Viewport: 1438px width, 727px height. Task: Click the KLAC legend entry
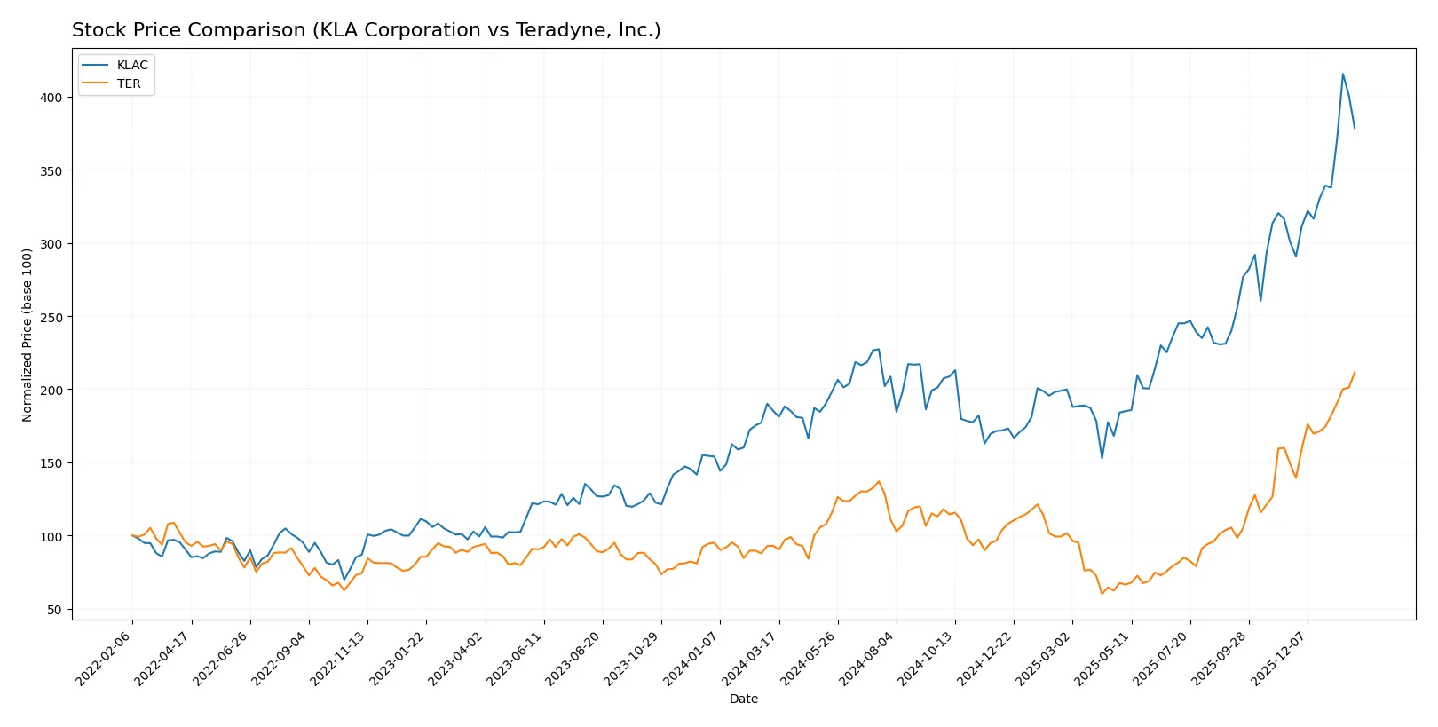click(131, 65)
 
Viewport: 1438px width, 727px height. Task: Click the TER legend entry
click(128, 83)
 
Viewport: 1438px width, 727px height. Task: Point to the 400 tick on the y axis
click(51, 98)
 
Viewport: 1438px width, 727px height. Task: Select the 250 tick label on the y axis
click(51, 317)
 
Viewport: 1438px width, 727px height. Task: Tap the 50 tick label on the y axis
click(55, 610)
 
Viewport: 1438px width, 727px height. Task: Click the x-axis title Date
click(743, 699)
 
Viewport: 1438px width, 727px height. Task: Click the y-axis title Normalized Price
click(27, 335)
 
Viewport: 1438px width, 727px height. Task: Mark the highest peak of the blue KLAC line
click(1342, 74)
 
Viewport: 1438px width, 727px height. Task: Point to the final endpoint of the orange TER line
click(1355, 372)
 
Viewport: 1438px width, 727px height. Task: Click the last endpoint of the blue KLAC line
click(1355, 129)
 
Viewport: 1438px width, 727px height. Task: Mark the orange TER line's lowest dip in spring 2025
click(1102, 593)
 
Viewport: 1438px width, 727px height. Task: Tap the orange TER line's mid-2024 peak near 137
click(879, 481)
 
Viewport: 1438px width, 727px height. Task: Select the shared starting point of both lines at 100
click(132, 535)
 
